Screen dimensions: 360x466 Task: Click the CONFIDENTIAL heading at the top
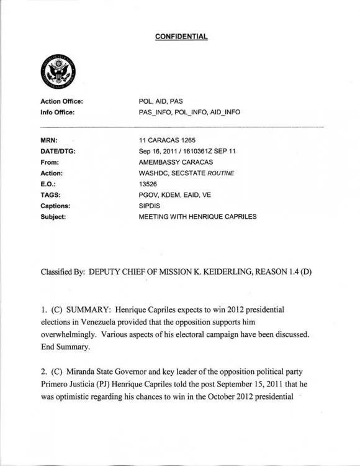(181, 36)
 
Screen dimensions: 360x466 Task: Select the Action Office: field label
(61, 101)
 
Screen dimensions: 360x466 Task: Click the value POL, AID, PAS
(161, 101)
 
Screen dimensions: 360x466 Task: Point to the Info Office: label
(57, 112)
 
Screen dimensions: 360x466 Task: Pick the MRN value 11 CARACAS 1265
(166, 141)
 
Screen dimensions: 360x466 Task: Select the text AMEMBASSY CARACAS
(176, 162)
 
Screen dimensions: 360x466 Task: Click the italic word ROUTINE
(218, 173)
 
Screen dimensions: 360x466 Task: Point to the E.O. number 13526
(149, 184)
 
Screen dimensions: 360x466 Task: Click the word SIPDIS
(151, 206)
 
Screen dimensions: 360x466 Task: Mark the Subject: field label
(53, 217)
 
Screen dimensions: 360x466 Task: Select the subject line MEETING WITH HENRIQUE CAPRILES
(198, 217)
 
